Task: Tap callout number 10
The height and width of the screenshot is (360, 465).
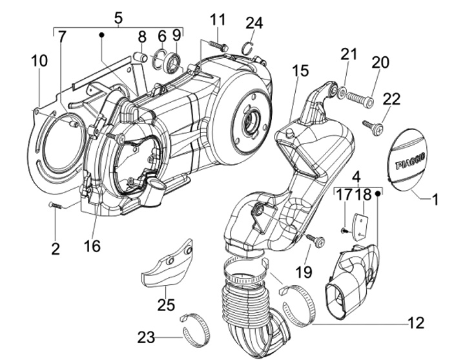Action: (x=39, y=61)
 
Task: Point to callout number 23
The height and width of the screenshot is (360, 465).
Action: (x=145, y=336)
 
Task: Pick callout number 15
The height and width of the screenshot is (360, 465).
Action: (x=300, y=70)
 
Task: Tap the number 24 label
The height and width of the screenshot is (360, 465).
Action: (x=254, y=23)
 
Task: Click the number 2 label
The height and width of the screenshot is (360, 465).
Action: (x=56, y=248)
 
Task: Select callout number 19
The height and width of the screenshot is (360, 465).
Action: (x=304, y=271)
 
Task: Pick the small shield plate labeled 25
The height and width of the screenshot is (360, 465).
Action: (x=167, y=262)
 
